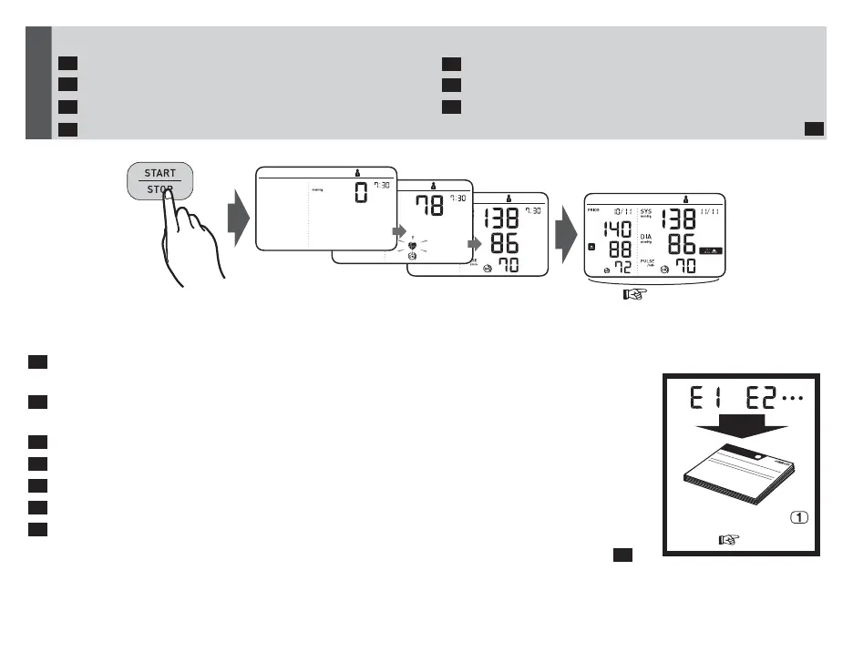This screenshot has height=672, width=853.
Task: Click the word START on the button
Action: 159,173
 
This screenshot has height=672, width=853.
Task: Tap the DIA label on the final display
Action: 645,236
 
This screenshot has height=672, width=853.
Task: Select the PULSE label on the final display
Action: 646,262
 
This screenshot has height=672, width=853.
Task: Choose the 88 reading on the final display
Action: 622,249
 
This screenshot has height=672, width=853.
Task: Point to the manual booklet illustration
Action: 739,480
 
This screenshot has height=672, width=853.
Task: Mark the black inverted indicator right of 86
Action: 712,247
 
